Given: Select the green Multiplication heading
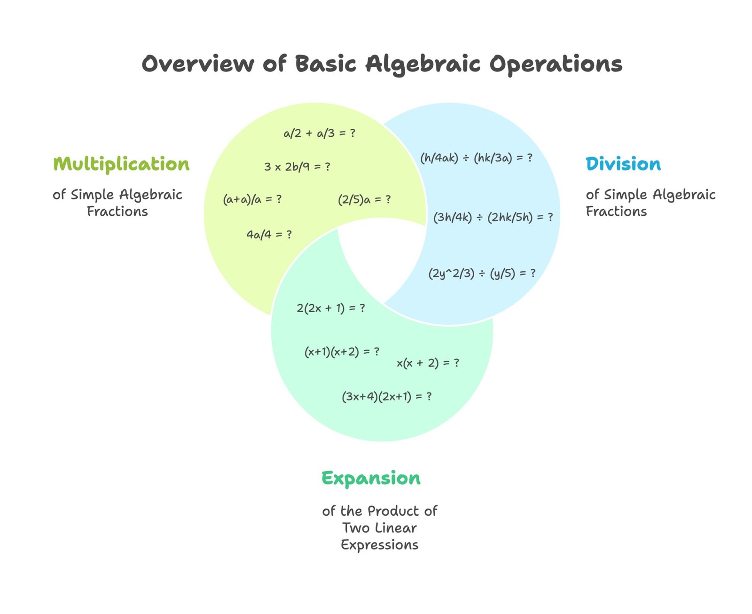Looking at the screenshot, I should pos(121,164).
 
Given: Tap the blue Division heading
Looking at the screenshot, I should pos(623,164).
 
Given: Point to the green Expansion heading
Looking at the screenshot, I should pos(371,478).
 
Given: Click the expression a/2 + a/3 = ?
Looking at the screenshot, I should pos(320,134).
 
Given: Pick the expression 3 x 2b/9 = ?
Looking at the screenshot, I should pos(297,167).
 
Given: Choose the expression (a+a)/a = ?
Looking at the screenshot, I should pos(252,199).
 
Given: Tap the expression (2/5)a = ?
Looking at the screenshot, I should pos(364,199).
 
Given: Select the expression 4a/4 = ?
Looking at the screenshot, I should pos(269,234).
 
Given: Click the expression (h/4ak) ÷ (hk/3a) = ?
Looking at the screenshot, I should pos(476,157).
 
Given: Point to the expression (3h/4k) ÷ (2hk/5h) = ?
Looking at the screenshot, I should pos(493,217).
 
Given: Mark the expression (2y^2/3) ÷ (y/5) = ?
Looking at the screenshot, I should pos(482,273).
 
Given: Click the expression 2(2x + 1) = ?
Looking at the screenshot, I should pos(331,308).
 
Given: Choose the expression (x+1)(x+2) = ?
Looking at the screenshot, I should pos(342,352).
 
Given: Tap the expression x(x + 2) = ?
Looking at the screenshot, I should pos(428,363).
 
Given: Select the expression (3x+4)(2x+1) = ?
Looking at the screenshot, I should pos(387,396).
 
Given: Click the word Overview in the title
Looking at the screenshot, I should pos(198,64).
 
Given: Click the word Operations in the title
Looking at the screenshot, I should pos(556,64).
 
